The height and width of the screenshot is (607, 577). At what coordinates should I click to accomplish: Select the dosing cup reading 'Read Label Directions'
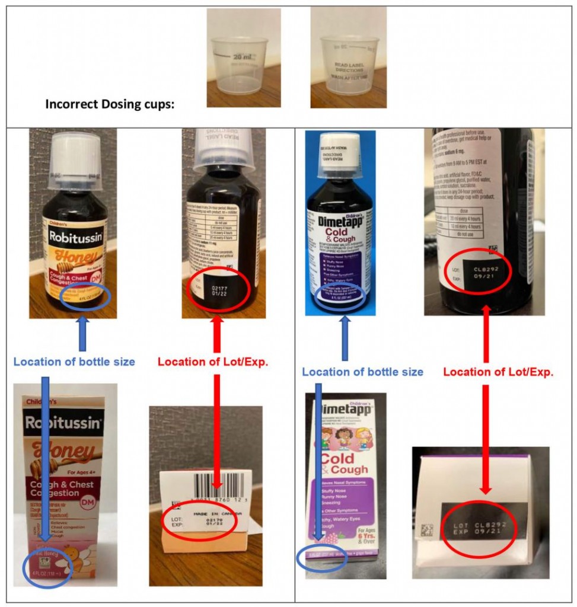coord(348,65)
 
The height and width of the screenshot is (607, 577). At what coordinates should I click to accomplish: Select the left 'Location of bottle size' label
coord(74,362)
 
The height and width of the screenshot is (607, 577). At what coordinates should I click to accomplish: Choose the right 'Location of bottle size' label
coord(362,372)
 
